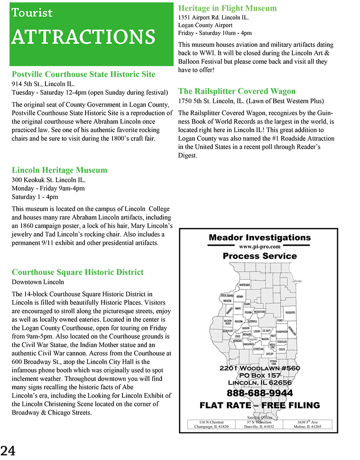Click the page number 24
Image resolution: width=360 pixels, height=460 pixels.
tap(8, 450)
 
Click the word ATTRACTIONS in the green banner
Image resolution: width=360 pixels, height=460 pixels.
tap(83, 36)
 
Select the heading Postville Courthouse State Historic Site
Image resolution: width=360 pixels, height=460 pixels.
tap(83, 74)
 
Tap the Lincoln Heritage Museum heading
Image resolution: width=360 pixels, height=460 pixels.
tap(59, 170)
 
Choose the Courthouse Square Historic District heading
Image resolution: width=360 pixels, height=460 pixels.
tap(77, 272)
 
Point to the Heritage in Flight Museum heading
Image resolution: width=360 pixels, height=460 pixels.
tap(227, 8)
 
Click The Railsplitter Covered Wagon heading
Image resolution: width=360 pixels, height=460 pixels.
tap(237, 91)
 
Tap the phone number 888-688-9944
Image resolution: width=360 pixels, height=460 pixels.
tap(259, 393)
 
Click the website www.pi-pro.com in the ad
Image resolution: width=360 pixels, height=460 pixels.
tap(260, 247)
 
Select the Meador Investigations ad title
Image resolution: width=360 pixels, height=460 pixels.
tap(260, 238)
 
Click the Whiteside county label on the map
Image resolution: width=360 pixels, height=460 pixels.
tap(244, 285)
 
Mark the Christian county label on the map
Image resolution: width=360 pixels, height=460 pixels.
tap(258, 349)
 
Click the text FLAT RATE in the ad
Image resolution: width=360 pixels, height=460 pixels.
tap(228, 406)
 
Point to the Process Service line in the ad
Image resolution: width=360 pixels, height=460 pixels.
tap(260, 256)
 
